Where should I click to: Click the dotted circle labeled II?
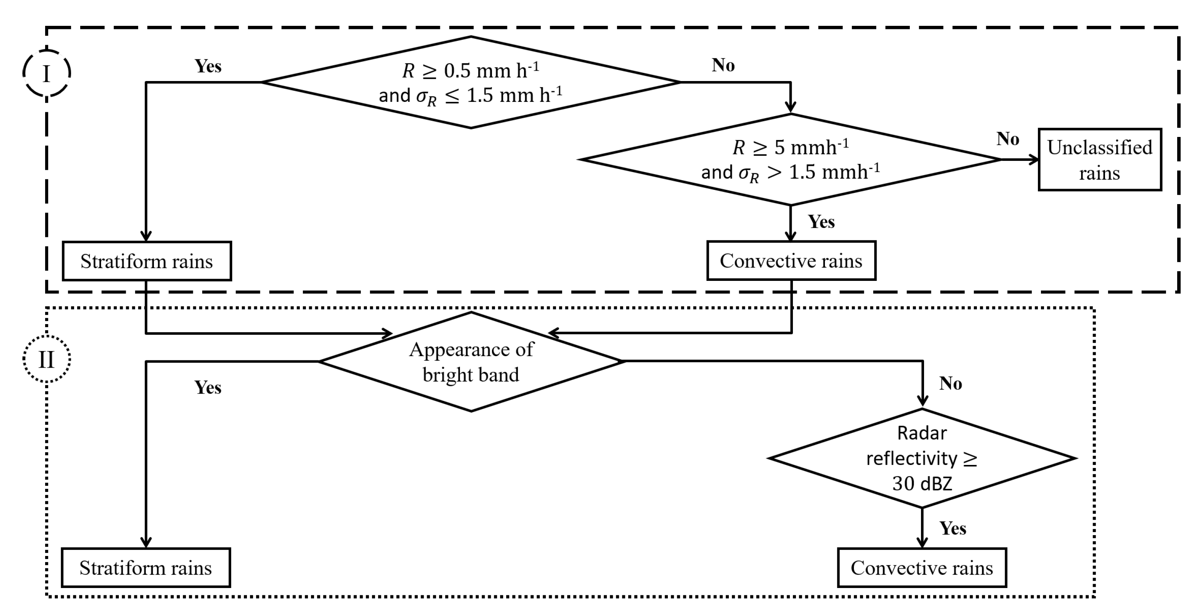coord(47,359)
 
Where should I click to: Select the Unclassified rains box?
coord(1100,160)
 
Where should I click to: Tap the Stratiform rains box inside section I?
coord(147,261)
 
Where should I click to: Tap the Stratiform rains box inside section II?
coord(145,568)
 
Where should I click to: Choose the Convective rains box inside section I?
coord(791,260)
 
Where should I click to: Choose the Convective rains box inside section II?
coord(922,568)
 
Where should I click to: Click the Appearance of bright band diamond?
coord(471,362)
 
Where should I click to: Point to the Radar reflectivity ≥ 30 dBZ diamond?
coord(922,458)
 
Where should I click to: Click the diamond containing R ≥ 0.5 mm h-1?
coord(471,82)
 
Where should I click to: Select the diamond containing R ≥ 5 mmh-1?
coord(791,160)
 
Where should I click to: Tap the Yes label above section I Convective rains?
coord(821,221)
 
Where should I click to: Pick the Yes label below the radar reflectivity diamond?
coord(953,529)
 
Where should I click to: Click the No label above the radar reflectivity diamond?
coord(950,384)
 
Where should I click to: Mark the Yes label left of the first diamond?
coord(208,66)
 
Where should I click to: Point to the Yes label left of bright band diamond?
coord(208,387)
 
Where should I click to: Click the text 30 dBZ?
coord(922,484)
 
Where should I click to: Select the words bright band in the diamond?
coord(471,375)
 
